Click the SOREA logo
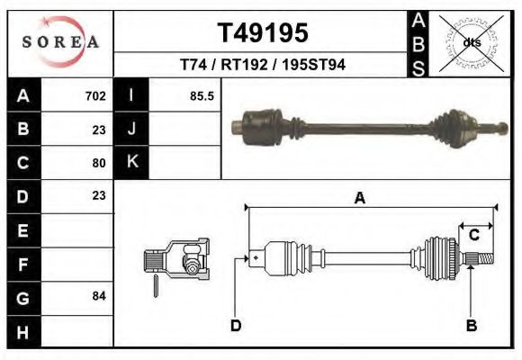pyautogui.click(x=60, y=42)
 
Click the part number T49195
pyautogui.click(x=263, y=33)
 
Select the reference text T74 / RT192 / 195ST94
pyautogui.click(x=263, y=65)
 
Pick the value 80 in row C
pyautogui.click(x=99, y=163)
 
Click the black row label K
pyautogui.click(x=132, y=163)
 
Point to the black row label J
pyautogui.click(x=132, y=130)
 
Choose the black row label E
pyautogui.click(x=23, y=230)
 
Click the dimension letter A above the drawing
pyautogui.click(x=359, y=199)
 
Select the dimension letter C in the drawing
pyautogui.click(x=473, y=235)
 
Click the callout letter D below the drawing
pyautogui.click(x=235, y=325)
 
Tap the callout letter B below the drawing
pyautogui.click(x=471, y=325)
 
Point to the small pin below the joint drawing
pyautogui.click(x=157, y=285)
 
